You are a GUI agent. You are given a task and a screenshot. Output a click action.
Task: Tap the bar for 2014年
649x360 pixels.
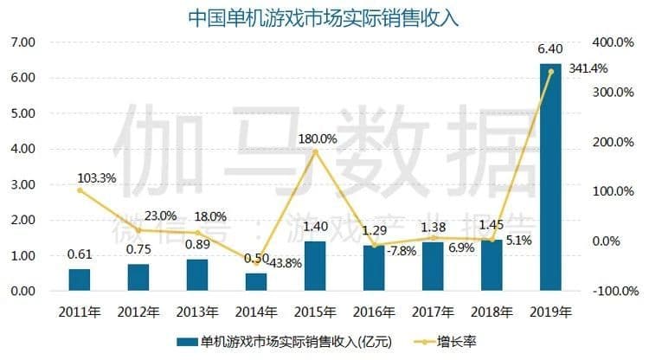256,282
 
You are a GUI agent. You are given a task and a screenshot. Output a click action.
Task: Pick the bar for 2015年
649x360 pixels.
315,266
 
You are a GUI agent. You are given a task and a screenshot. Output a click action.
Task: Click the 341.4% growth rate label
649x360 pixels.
588,68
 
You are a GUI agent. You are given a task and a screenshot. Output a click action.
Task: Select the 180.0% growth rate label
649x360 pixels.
317,138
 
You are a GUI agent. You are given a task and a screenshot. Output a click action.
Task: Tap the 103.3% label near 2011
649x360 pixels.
96,178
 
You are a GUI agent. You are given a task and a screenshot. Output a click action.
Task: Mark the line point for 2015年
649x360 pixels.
315,151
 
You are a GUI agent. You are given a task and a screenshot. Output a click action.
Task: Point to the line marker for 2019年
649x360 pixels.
550,72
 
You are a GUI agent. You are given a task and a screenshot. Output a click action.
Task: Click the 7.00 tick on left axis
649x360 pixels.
22,42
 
